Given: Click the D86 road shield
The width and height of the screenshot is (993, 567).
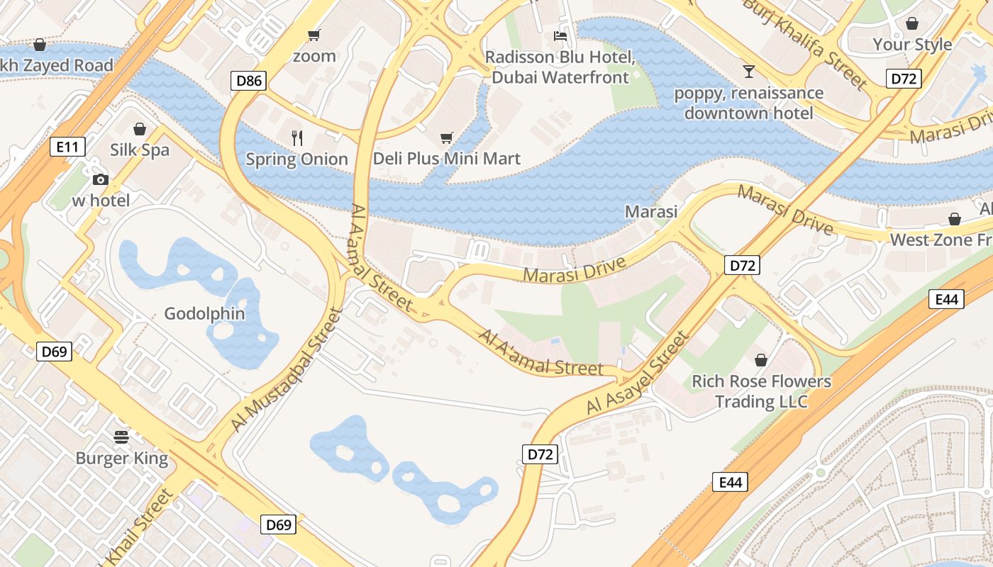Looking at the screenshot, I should point(249,81).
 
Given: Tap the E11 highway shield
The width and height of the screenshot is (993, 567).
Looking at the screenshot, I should point(68,147).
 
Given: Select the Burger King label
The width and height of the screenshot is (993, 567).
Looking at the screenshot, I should point(122,458).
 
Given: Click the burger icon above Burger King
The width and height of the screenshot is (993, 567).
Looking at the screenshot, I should point(121,437).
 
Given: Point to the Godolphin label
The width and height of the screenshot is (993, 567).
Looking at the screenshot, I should point(204,313).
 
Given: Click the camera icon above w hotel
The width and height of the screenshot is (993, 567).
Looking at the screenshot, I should point(101,179).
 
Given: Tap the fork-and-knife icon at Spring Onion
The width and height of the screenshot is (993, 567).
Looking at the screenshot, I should point(297,138).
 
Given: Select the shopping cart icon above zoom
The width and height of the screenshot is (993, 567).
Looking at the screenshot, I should point(314,35).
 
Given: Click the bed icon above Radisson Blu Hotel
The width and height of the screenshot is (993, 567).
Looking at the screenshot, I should point(560,35).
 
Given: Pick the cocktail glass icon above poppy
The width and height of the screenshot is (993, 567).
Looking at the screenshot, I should point(748,71).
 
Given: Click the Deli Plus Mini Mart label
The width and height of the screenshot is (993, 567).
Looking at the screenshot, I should point(447,159).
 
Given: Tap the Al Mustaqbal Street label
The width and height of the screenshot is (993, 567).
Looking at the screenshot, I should point(287,370).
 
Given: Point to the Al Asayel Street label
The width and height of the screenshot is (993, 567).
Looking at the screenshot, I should point(638,374).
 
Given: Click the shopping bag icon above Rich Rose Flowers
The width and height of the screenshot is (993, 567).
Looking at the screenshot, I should point(761,360).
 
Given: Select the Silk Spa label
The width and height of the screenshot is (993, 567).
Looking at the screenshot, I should point(140,150).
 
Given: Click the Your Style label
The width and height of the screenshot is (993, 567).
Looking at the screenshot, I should point(912,44).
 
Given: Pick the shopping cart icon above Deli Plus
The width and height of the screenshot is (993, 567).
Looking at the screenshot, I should point(446,137).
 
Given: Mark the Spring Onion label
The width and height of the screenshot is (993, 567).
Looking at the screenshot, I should point(296,159).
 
